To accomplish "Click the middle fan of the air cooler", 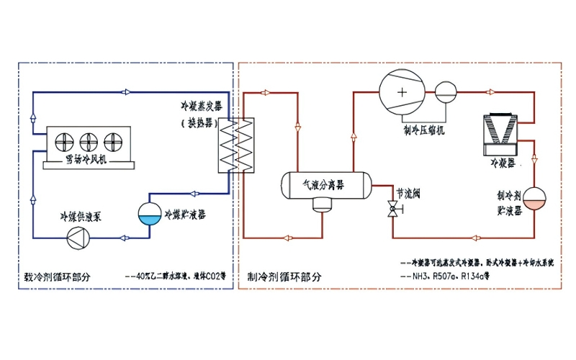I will point(89,141).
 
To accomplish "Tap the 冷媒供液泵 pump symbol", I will point(76,237).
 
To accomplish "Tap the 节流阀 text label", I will point(408,194).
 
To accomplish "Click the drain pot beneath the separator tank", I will point(321,205).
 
